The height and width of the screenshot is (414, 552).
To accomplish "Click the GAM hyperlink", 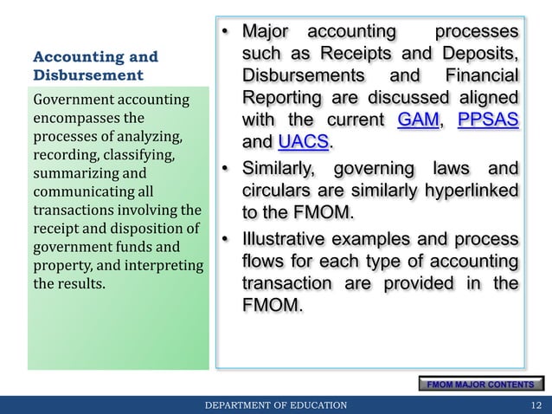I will (417, 120).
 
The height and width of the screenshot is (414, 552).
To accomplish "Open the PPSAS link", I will (488, 120).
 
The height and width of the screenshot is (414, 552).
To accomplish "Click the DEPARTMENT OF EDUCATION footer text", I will (275, 404).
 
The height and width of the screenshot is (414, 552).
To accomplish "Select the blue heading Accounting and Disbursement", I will (95, 66).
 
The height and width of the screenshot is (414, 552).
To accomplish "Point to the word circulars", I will (276, 188).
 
